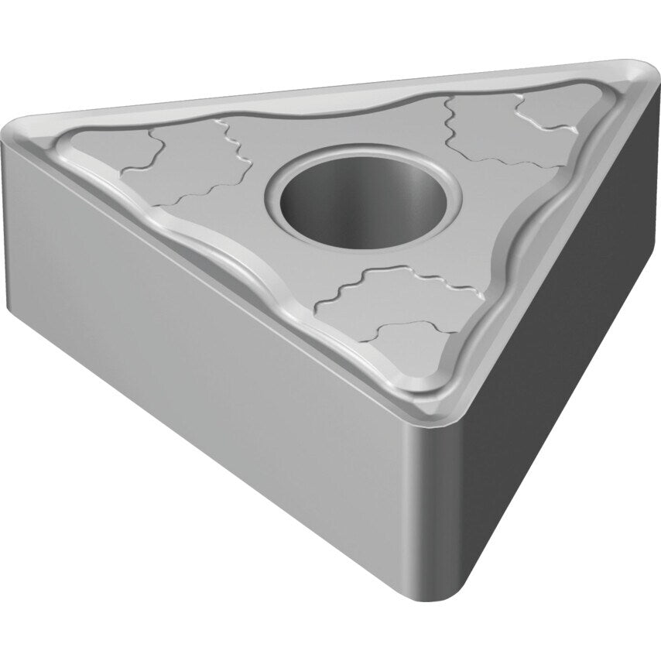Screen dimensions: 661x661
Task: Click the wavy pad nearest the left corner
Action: (x=97, y=147)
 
